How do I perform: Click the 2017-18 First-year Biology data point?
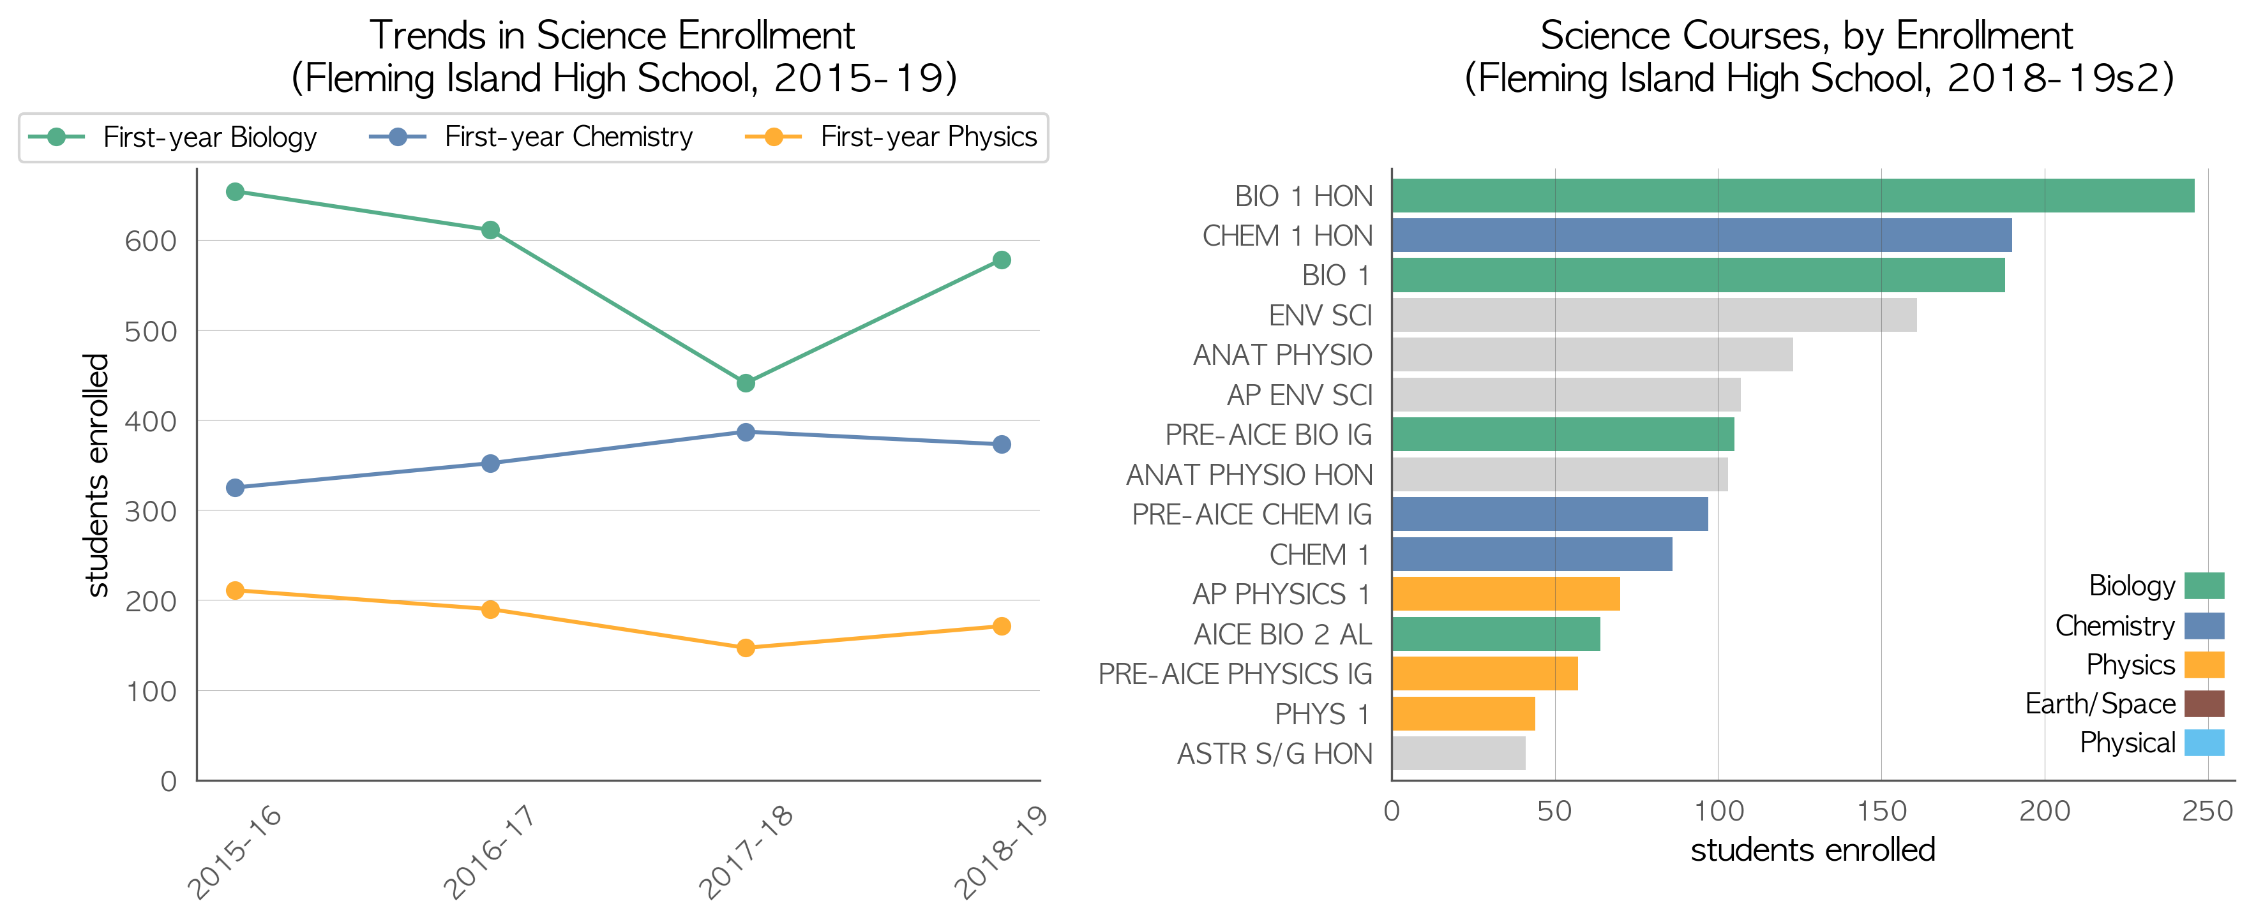[745, 383]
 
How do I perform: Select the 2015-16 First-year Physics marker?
[235, 590]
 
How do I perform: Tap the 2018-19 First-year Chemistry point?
[1002, 444]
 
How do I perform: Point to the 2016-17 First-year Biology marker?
[490, 230]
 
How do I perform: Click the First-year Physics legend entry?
[890, 137]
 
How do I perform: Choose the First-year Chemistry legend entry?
[530, 137]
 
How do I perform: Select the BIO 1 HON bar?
[1793, 195]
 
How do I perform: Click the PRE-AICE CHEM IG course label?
[1251, 514]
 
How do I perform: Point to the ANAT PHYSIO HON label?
[1249, 475]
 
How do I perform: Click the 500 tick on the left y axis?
[151, 331]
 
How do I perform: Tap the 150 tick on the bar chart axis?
[1881, 811]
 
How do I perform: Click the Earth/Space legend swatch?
[2204, 703]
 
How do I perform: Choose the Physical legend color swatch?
[2204, 743]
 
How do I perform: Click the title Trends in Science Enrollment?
[612, 35]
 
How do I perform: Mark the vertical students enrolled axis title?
[96, 475]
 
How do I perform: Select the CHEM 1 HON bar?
[1702, 235]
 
